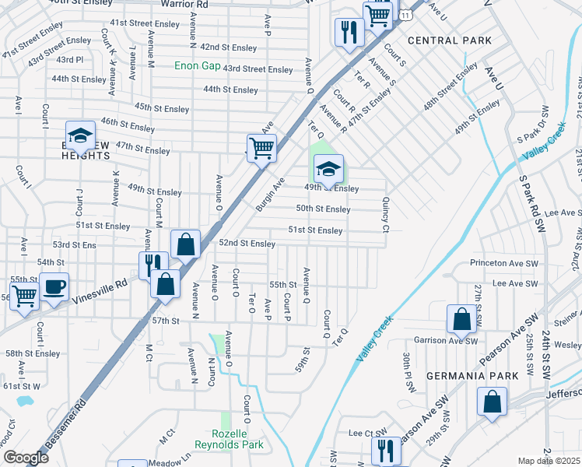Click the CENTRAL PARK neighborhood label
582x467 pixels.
pyautogui.click(x=450, y=40)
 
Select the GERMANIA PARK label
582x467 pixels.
pyautogui.click(x=472, y=376)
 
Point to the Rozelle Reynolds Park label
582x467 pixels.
pyautogui.click(x=237, y=439)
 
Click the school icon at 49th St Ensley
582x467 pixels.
pyautogui.click(x=328, y=168)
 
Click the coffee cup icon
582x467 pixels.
pyautogui.click(x=54, y=286)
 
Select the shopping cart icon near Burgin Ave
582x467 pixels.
pyautogui.click(x=261, y=146)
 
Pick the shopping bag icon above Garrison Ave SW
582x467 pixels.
pyautogui.click(x=461, y=318)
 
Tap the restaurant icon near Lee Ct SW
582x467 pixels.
pyautogui.click(x=384, y=451)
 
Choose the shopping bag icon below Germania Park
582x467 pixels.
pyautogui.click(x=493, y=402)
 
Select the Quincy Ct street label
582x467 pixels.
pyautogui.click(x=385, y=214)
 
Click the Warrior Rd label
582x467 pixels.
pyautogui.click(x=184, y=5)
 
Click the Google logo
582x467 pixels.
pyautogui.click(x=26, y=457)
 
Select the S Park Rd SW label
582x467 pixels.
pyautogui.click(x=535, y=202)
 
